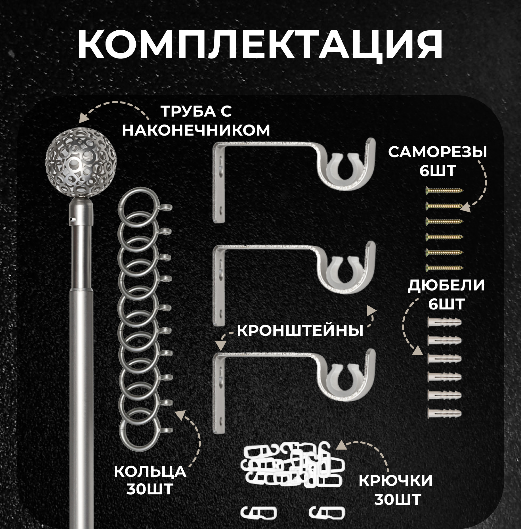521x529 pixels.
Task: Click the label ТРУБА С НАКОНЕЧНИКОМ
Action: pyautogui.click(x=196, y=121)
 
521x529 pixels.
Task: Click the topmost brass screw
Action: pyautogui.click(x=444, y=190)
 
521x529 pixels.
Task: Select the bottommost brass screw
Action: pyautogui.click(x=444, y=267)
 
